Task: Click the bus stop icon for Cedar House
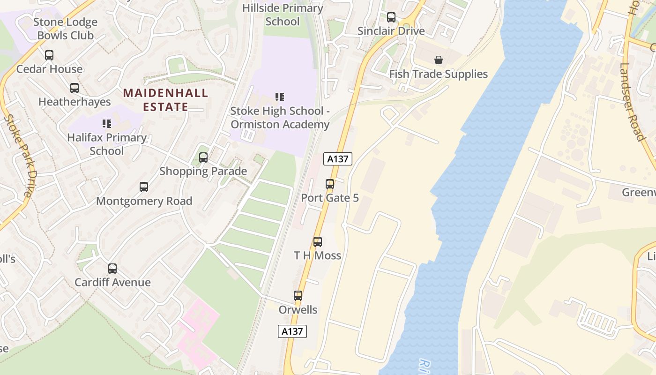coord(49,55)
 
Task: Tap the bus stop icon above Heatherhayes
coord(75,88)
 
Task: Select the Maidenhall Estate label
coord(165,100)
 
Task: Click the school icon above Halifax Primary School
coord(107,124)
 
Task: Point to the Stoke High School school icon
coord(280,97)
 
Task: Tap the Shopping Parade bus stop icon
coord(203,157)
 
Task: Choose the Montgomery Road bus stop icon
coord(144,187)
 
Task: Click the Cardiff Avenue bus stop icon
coord(112,269)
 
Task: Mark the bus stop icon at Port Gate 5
coord(330,184)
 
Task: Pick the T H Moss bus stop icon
coord(318,242)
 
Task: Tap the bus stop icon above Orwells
coord(298,296)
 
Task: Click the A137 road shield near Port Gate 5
coord(338,159)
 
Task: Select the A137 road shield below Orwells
coord(292,331)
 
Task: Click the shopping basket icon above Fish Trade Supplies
coord(439,60)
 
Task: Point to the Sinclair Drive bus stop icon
coord(391,17)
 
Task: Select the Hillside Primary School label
coord(283,15)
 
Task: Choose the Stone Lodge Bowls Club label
coord(66,29)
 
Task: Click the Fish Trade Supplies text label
coord(439,74)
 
